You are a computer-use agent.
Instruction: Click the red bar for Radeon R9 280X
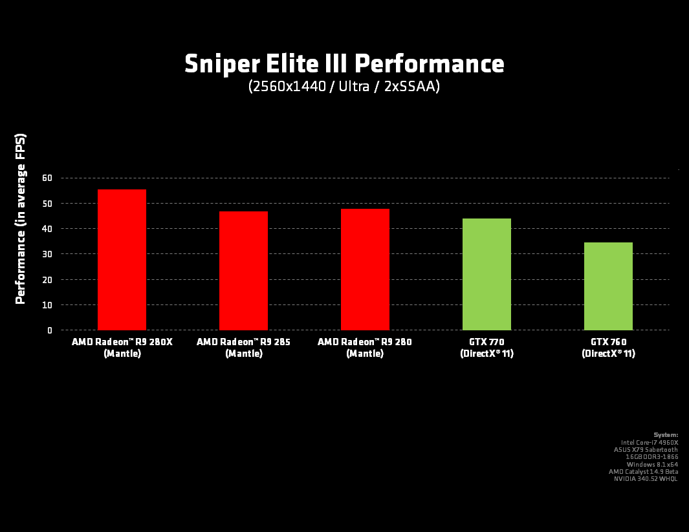point(122,260)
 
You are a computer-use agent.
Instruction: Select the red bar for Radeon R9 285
point(243,271)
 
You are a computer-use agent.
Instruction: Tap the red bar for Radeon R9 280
point(365,270)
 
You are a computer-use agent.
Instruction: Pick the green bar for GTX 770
point(487,274)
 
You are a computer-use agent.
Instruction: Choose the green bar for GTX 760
point(608,286)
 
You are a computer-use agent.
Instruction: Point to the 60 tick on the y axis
point(47,178)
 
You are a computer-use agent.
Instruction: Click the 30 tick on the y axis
point(47,254)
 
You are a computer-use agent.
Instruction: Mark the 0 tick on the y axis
point(49,330)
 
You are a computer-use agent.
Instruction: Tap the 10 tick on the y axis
point(47,305)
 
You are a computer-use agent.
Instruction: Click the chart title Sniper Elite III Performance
point(344,64)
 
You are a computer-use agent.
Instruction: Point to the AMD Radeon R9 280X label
point(122,347)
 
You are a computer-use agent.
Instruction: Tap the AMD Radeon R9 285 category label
point(243,347)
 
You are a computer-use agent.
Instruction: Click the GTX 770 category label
point(487,347)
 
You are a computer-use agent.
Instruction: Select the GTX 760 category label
point(608,347)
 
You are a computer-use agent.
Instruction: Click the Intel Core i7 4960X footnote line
point(650,442)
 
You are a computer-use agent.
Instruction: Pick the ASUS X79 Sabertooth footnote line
point(646,449)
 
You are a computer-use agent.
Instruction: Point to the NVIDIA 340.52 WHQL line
point(646,478)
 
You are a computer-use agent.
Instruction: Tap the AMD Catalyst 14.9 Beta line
point(643,471)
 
